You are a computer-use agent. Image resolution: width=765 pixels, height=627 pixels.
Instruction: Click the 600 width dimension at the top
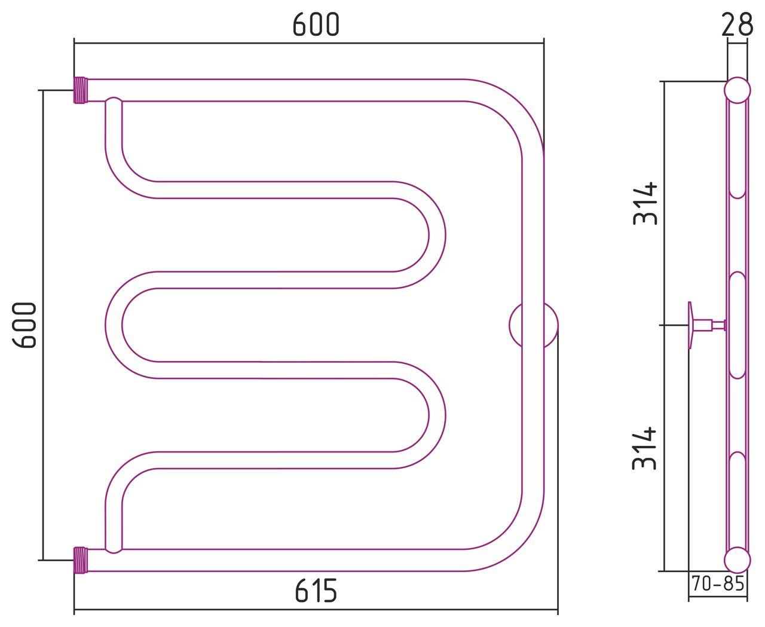[x=316, y=25]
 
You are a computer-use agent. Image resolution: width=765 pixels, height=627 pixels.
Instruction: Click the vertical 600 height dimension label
[x=25, y=325]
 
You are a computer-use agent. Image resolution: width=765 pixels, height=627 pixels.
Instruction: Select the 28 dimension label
[x=737, y=25]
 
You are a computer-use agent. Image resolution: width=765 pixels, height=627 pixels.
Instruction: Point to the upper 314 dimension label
[x=645, y=204]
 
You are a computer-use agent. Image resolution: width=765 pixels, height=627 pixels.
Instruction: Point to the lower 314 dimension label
[x=644, y=448]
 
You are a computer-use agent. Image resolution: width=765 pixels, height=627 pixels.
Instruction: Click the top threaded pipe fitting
[x=81, y=90]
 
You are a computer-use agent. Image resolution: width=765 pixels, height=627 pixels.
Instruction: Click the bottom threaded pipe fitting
[x=81, y=560]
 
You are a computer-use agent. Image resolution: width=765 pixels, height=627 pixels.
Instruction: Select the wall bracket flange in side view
[x=690, y=325]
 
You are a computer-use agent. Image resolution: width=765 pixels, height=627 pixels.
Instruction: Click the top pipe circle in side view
[x=738, y=90]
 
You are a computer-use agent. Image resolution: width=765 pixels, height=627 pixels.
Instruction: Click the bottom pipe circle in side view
[x=738, y=560]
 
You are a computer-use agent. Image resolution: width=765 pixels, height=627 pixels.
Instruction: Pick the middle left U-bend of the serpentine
[x=114, y=325]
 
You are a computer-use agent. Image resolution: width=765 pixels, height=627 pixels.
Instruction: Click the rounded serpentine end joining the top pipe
[x=114, y=102]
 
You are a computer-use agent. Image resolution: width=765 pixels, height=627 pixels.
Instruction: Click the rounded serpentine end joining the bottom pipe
[x=114, y=548]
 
